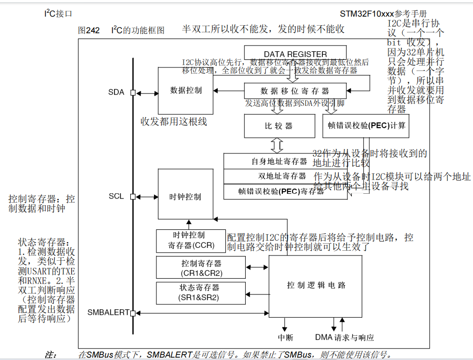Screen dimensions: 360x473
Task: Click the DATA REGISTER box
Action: click(295, 54)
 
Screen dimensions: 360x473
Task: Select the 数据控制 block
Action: click(186, 90)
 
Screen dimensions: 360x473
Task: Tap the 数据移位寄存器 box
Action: click(295, 91)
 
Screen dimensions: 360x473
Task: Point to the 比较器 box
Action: click(280, 126)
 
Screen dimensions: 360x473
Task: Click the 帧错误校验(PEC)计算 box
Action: click(366, 126)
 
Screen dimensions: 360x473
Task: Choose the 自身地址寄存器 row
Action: click(280, 161)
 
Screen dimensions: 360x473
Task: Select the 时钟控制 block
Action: click(186, 196)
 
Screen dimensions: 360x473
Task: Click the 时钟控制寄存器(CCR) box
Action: click(191, 240)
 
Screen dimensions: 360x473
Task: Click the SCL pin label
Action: click(116, 196)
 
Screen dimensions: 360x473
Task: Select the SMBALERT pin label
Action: click(108, 313)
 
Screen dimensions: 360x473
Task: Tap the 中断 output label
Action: click(285, 338)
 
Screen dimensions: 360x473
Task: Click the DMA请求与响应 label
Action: click(344, 338)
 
